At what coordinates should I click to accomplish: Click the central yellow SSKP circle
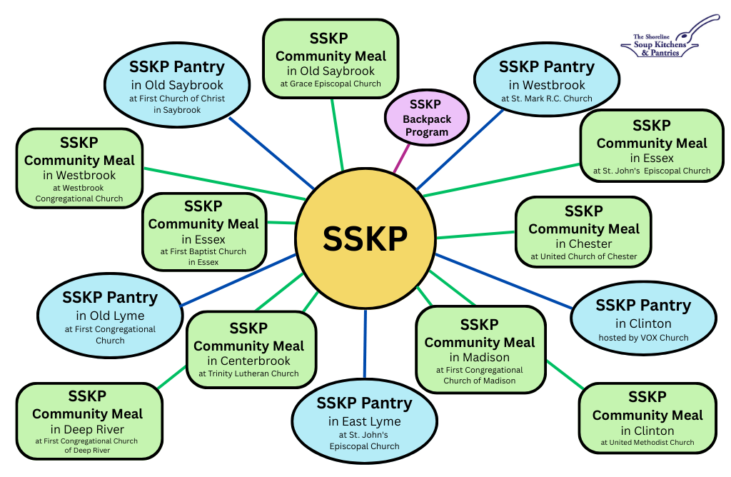tap(365, 239)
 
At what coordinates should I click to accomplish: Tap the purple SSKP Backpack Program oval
tap(427, 118)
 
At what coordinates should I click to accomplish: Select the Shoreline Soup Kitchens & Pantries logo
tap(667, 37)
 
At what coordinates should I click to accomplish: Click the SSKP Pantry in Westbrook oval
tap(546, 79)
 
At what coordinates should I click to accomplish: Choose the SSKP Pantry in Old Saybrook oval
tap(177, 85)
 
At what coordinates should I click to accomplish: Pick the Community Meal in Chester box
tap(583, 232)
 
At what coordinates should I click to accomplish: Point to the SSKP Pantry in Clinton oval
tap(643, 318)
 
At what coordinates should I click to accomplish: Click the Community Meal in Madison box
tap(480, 350)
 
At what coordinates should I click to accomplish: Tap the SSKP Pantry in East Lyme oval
tap(365, 422)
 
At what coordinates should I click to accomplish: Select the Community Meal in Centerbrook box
tap(251, 350)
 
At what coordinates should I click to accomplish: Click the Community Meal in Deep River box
tap(89, 421)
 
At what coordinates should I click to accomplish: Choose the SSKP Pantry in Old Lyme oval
tap(110, 316)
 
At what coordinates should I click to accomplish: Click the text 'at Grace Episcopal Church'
tap(331, 84)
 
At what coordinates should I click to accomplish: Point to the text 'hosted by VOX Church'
tap(643, 338)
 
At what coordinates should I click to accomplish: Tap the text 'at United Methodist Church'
tap(647, 443)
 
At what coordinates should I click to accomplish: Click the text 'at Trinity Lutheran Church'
tap(248, 373)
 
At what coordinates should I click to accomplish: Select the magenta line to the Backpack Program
tap(401, 159)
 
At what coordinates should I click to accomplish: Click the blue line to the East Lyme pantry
tap(365, 343)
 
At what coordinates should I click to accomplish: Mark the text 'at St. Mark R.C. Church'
tap(546, 99)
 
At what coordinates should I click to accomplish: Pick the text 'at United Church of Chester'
tap(584, 256)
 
